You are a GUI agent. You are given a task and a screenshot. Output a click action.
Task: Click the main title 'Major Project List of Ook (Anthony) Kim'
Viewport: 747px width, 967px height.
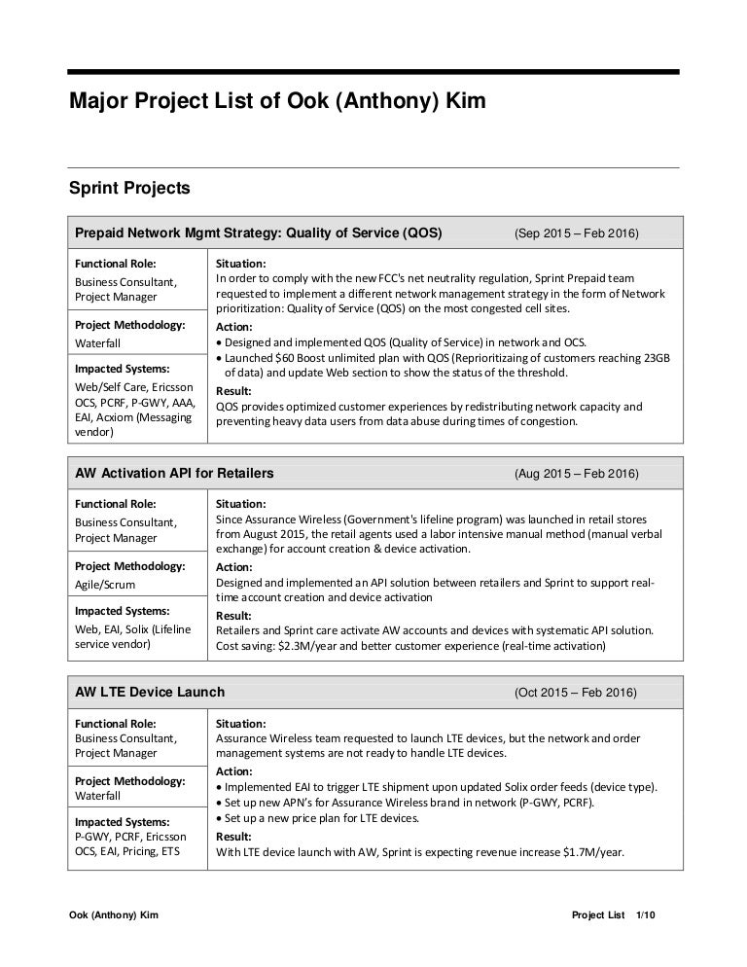pyautogui.click(x=276, y=101)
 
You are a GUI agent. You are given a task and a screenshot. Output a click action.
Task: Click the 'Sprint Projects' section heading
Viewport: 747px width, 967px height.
pyautogui.click(x=128, y=187)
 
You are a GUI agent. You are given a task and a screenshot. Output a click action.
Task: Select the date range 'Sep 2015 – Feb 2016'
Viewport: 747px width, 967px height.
pyautogui.click(x=576, y=233)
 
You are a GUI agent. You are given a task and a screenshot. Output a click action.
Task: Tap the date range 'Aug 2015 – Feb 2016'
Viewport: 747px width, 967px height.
pyautogui.click(x=576, y=474)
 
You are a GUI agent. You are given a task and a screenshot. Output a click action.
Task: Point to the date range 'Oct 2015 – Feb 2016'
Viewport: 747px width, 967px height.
pyautogui.click(x=576, y=693)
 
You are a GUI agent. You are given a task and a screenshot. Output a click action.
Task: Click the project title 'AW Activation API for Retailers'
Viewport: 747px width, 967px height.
pyautogui.click(x=174, y=474)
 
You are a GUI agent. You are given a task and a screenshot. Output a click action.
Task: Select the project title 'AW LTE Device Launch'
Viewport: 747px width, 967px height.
pyautogui.click(x=150, y=693)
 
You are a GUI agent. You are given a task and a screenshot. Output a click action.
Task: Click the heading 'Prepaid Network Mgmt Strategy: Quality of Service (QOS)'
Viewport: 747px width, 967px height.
pyautogui.click(x=259, y=233)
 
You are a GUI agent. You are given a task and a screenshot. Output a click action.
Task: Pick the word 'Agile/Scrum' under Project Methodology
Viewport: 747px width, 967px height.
pyautogui.click(x=105, y=585)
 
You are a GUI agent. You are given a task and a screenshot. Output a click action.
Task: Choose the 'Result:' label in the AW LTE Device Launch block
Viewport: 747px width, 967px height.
pyautogui.click(x=233, y=837)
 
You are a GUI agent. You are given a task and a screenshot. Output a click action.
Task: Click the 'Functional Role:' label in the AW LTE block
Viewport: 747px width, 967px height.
pyautogui.click(x=116, y=723)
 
